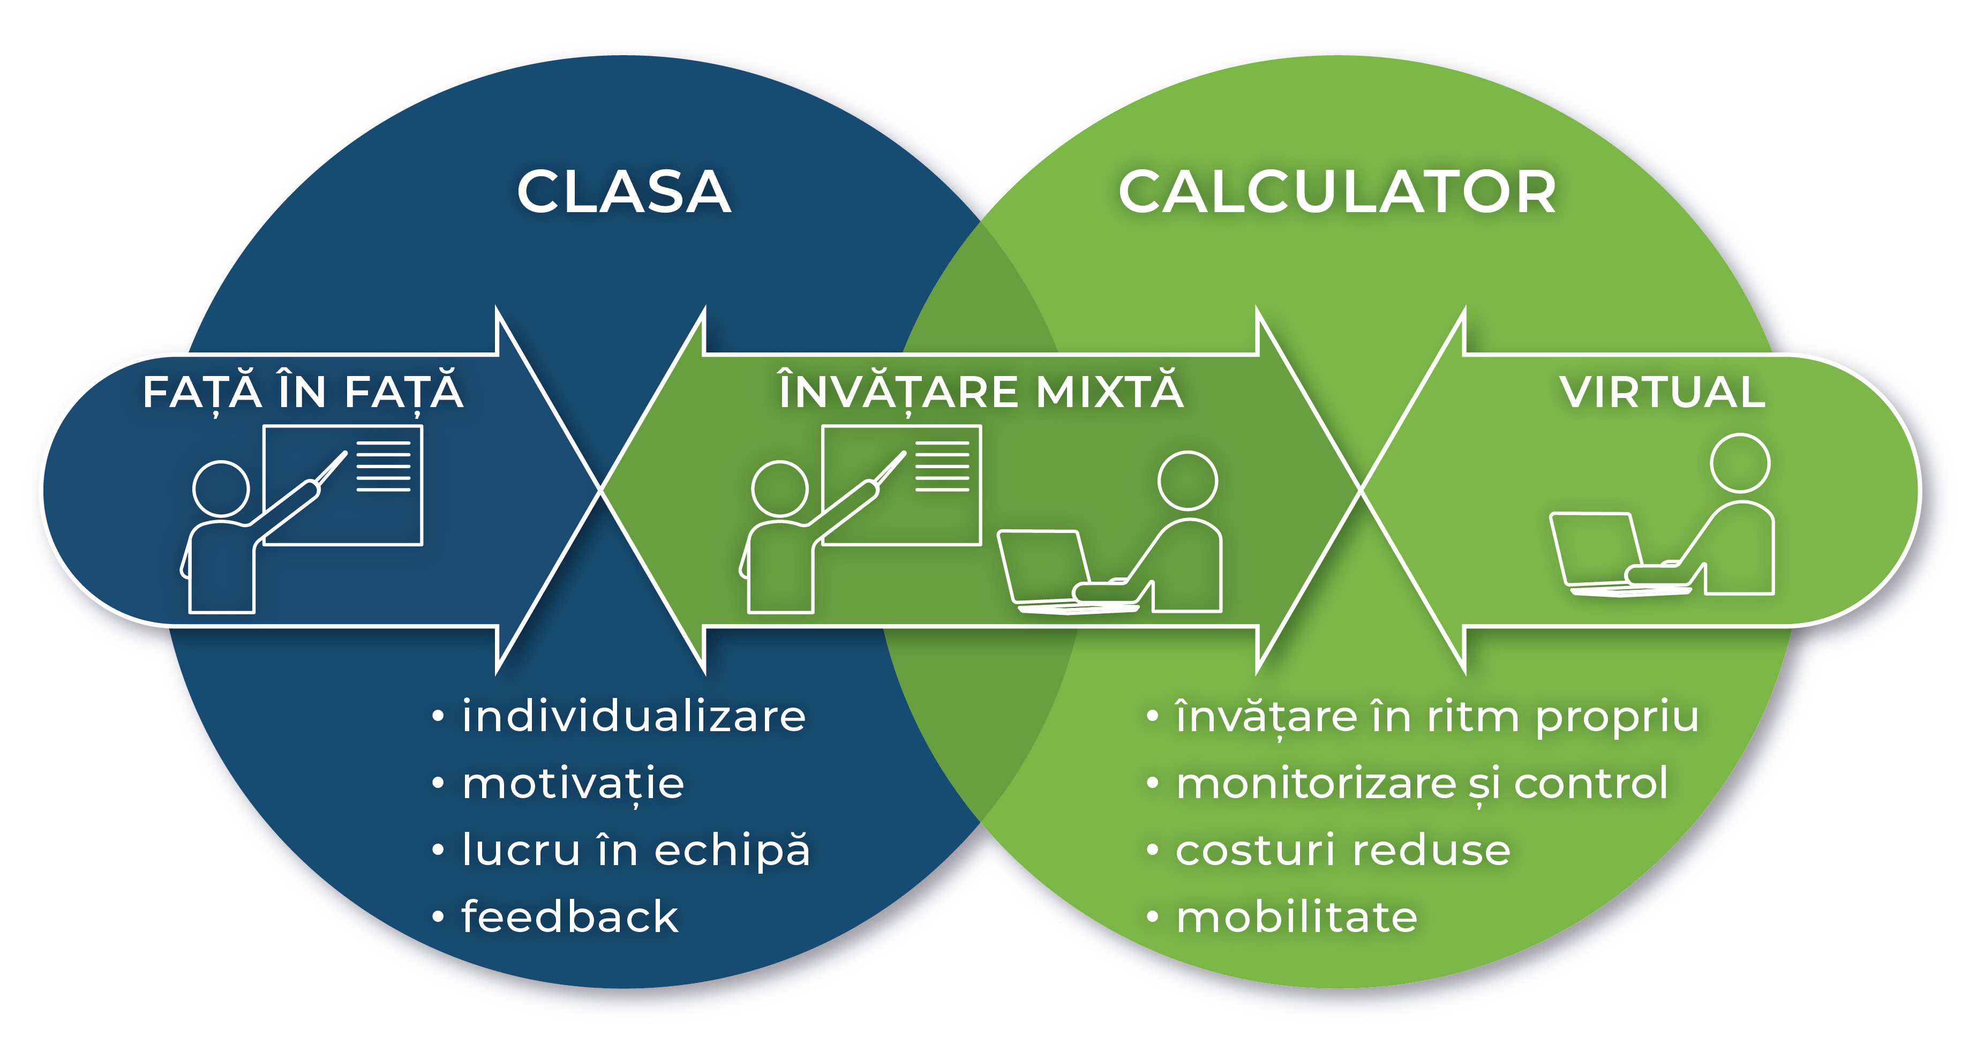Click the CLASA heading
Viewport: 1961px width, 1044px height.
pos(623,192)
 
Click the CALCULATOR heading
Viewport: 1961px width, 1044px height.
pos(1337,192)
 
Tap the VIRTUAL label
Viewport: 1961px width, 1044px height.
pos(1662,392)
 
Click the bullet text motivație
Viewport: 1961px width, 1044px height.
pos(573,784)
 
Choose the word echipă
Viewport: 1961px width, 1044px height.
pos(732,851)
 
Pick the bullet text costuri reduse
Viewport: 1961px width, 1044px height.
pos(1343,851)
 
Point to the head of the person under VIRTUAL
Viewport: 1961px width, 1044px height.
pos(1740,463)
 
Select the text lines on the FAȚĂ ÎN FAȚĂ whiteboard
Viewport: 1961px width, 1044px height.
pos(384,467)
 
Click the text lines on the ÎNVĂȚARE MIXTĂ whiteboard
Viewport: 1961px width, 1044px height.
pos(942,467)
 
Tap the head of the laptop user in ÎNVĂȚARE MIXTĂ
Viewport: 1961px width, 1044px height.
pos(1188,480)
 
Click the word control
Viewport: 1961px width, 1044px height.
pos(1591,784)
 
